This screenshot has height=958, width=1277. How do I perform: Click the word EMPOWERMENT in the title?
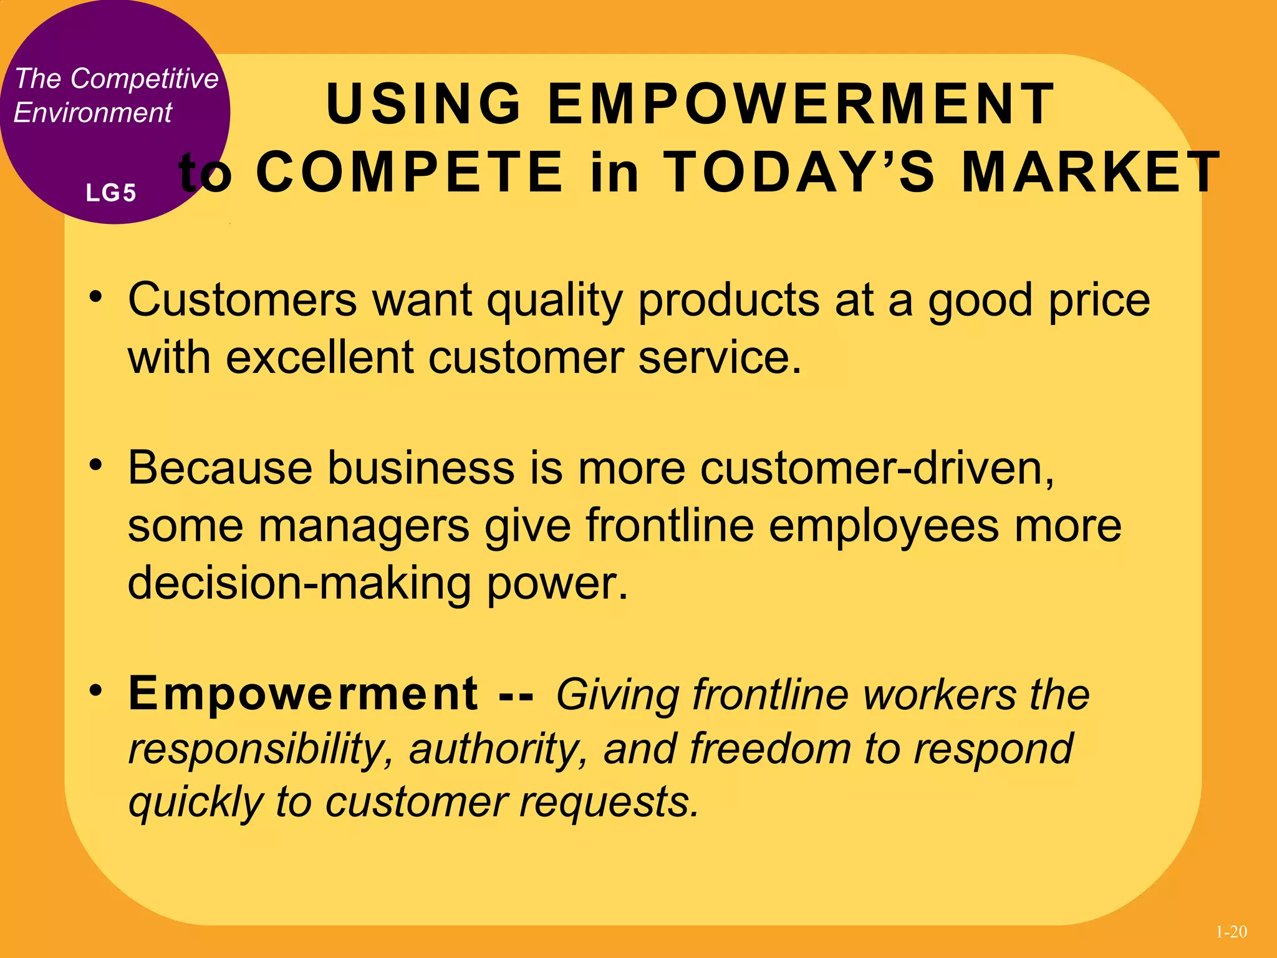pos(801,104)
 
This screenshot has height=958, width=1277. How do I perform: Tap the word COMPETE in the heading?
pos(410,172)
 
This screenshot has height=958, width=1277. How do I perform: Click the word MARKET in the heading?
pos(1091,172)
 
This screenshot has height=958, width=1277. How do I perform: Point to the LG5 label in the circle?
pos(111,193)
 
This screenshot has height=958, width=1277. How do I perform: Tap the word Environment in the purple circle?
pos(92,113)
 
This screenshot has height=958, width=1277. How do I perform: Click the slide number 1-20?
pos(1231,932)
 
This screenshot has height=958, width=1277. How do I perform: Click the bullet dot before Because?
pos(95,465)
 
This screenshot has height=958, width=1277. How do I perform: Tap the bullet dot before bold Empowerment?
pos(95,690)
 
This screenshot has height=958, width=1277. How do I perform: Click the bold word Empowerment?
pos(303,694)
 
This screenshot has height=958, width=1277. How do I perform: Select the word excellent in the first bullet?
pos(320,358)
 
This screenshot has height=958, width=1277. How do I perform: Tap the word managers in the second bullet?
pos(364,526)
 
